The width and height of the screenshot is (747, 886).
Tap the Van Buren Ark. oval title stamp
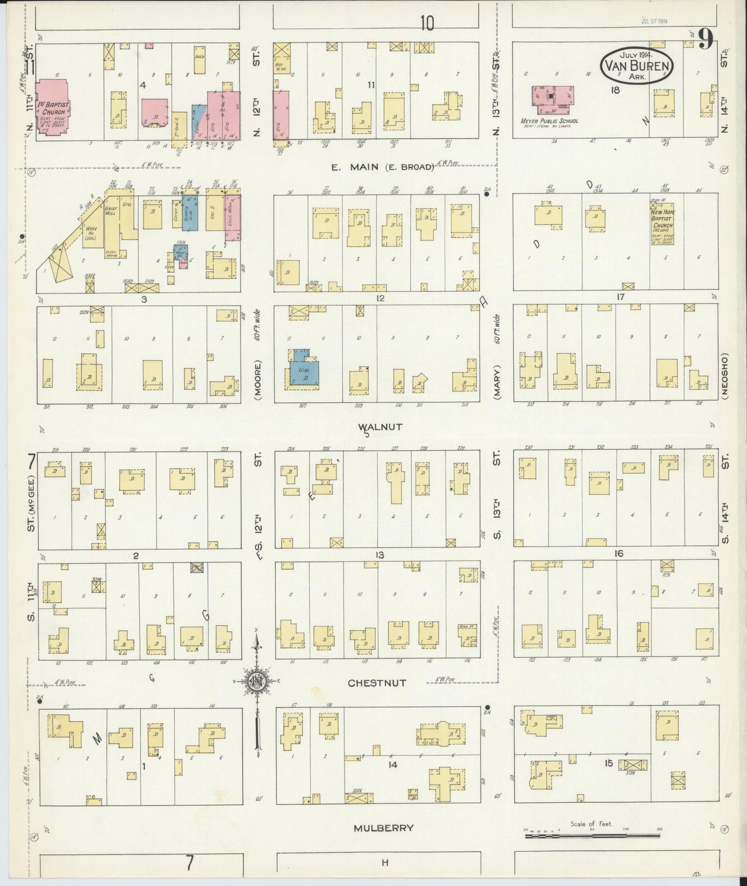(x=637, y=65)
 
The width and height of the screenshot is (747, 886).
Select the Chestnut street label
(x=377, y=683)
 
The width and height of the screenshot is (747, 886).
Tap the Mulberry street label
(x=384, y=828)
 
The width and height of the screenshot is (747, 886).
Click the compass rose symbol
(x=257, y=679)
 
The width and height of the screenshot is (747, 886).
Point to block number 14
(x=392, y=765)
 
